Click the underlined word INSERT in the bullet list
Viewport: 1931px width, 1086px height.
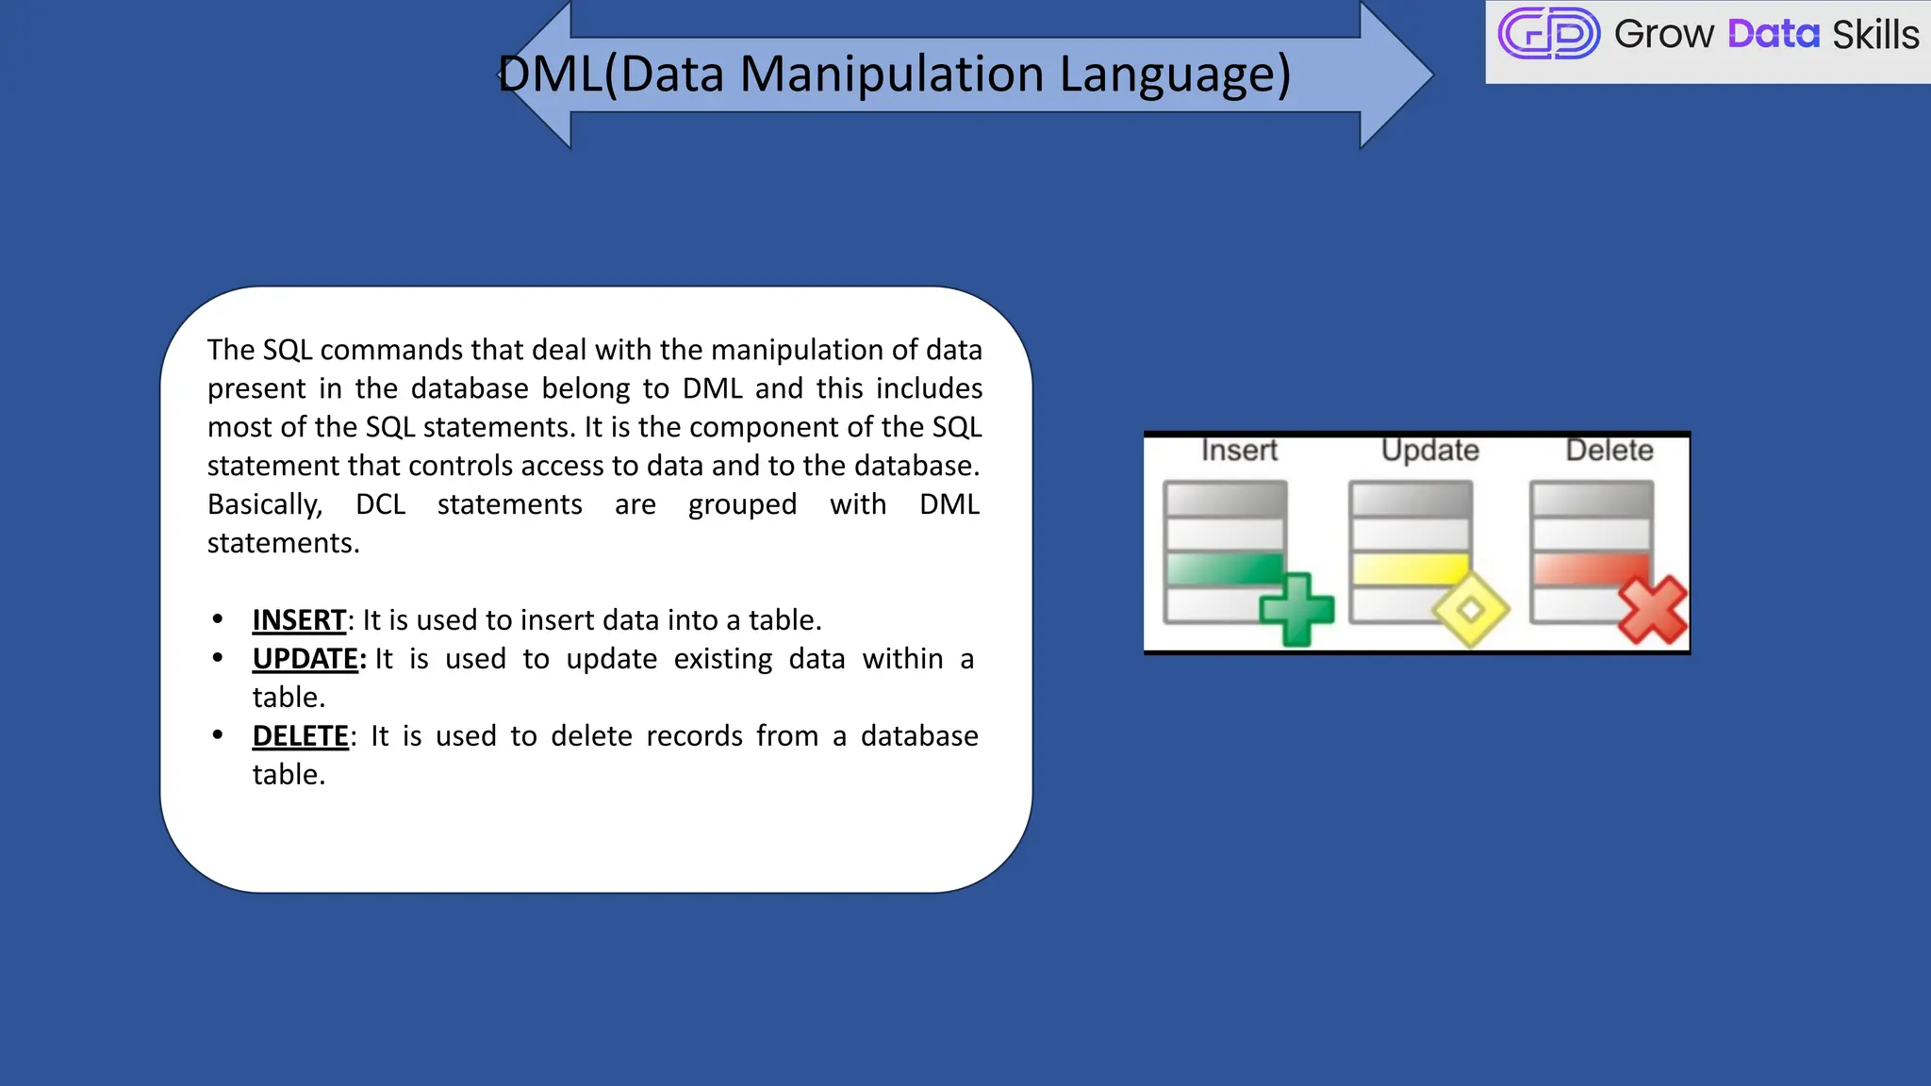coord(299,620)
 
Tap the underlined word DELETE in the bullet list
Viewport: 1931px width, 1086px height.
coord(301,736)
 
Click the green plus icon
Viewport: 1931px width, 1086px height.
coord(1297,609)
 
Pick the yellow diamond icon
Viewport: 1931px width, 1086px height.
coord(1471,610)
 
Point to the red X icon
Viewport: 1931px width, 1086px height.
coord(1653,610)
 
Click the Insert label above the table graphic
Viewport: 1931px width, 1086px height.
coord(1239,451)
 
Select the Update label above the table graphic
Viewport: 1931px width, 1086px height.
coord(1429,451)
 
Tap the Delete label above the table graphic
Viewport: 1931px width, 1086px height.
coord(1609,451)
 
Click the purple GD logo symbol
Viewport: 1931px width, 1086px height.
coord(1548,34)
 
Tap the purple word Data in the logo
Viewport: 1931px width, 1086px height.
coord(1773,35)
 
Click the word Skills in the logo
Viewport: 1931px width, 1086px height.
coord(1874,35)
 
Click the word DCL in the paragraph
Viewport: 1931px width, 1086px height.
coord(380,504)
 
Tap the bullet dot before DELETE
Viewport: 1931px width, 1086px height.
coord(218,734)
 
